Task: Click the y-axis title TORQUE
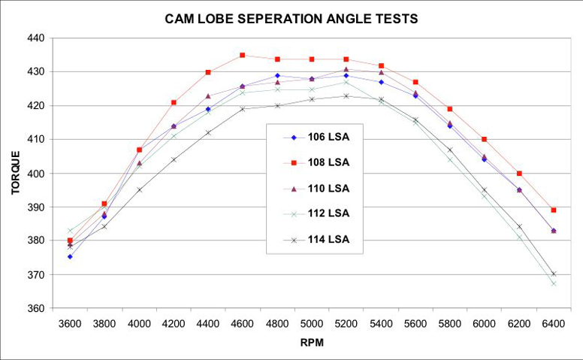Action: click(x=16, y=172)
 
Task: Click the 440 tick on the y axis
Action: click(x=36, y=38)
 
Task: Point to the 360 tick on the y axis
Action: click(x=36, y=309)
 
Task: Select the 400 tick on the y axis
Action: click(x=36, y=174)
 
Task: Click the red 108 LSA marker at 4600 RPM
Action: click(x=242, y=55)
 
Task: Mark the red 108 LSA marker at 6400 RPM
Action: click(x=554, y=210)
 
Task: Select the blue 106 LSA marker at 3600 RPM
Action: click(x=70, y=256)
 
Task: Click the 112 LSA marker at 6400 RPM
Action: click(x=554, y=283)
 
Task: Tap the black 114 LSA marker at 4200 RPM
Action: click(x=174, y=159)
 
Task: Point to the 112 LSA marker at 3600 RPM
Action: click(x=70, y=231)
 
